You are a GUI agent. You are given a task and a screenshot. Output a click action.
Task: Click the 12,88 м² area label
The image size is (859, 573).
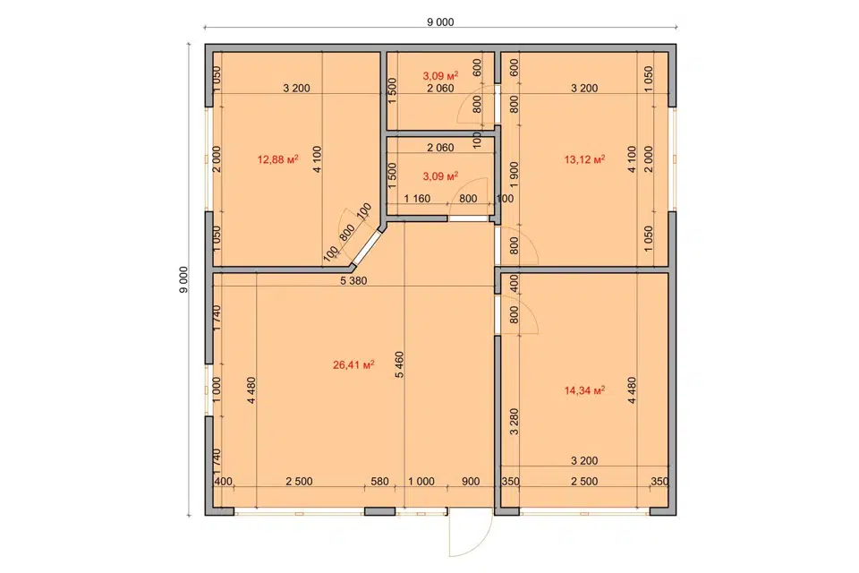click(277, 159)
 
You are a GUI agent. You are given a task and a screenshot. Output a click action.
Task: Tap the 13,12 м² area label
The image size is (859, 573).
click(584, 159)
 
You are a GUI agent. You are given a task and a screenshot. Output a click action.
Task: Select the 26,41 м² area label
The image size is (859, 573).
click(353, 364)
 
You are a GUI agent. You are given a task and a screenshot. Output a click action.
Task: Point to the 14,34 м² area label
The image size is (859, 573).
click(584, 390)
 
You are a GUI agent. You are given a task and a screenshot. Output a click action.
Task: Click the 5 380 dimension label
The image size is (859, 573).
click(353, 281)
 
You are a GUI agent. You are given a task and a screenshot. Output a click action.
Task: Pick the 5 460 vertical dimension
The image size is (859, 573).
click(399, 364)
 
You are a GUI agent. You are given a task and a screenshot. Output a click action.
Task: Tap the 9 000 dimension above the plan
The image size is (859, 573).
click(440, 21)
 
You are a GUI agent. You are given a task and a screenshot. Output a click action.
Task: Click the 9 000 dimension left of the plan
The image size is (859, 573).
click(183, 279)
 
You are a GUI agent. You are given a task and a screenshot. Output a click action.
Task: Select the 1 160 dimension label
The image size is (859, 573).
click(418, 199)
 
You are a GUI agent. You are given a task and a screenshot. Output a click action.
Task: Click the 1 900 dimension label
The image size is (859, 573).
click(514, 175)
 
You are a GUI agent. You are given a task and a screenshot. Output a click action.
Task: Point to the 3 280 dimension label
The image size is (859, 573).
click(514, 422)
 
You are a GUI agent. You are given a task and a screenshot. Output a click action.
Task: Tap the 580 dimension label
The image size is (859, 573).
click(379, 482)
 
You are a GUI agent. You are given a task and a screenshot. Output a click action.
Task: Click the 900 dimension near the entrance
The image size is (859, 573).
click(471, 482)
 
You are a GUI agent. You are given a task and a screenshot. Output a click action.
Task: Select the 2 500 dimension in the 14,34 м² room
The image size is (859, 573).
click(584, 482)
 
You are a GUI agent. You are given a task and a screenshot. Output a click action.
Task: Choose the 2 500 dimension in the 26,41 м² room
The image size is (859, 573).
click(299, 482)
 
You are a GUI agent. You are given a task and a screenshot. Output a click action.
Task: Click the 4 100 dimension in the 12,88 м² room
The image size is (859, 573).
click(317, 159)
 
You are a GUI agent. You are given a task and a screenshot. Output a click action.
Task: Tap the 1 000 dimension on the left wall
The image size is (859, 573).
click(217, 389)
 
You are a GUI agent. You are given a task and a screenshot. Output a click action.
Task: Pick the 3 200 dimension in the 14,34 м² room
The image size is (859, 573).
click(584, 461)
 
